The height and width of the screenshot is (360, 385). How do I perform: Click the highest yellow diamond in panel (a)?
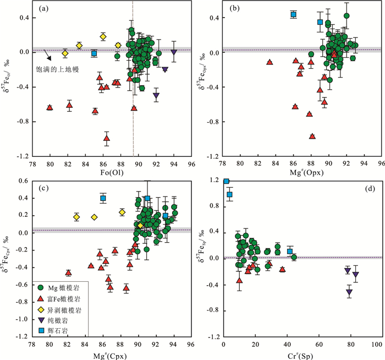click(x=103, y=37)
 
